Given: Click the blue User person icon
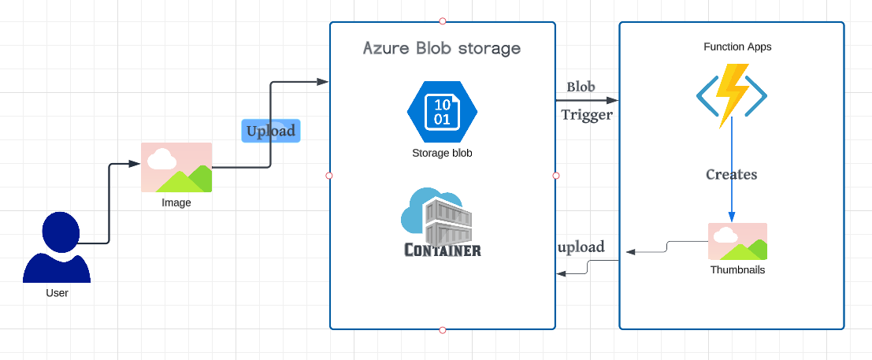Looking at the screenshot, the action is (x=57, y=247).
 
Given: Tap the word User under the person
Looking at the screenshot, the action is (x=57, y=293).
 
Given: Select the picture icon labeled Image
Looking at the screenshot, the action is (x=176, y=168).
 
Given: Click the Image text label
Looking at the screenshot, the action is (x=176, y=203).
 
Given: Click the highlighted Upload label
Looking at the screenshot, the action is (x=271, y=131).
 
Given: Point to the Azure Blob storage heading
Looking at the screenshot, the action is (x=442, y=48).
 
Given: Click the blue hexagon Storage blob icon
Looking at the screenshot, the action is (x=442, y=111).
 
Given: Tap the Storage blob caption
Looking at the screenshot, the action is (x=442, y=153).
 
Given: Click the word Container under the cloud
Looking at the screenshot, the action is (x=443, y=250).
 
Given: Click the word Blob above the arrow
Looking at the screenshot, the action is (x=581, y=87).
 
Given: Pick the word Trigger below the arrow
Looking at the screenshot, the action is (x=587, y=115).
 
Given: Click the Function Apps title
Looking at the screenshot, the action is (x=737, y=46).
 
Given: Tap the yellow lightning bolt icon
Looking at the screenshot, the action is (x=732, y=95).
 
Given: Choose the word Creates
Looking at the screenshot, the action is (x=731, y=175).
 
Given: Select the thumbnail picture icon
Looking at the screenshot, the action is (x=737, y=242).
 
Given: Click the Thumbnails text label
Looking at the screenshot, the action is (x=737, y=270).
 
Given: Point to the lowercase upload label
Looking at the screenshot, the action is (x=581, y=247).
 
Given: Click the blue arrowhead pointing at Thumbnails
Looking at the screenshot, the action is (x=732, y=217).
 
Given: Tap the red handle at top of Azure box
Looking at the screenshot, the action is (x=443, y=21).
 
